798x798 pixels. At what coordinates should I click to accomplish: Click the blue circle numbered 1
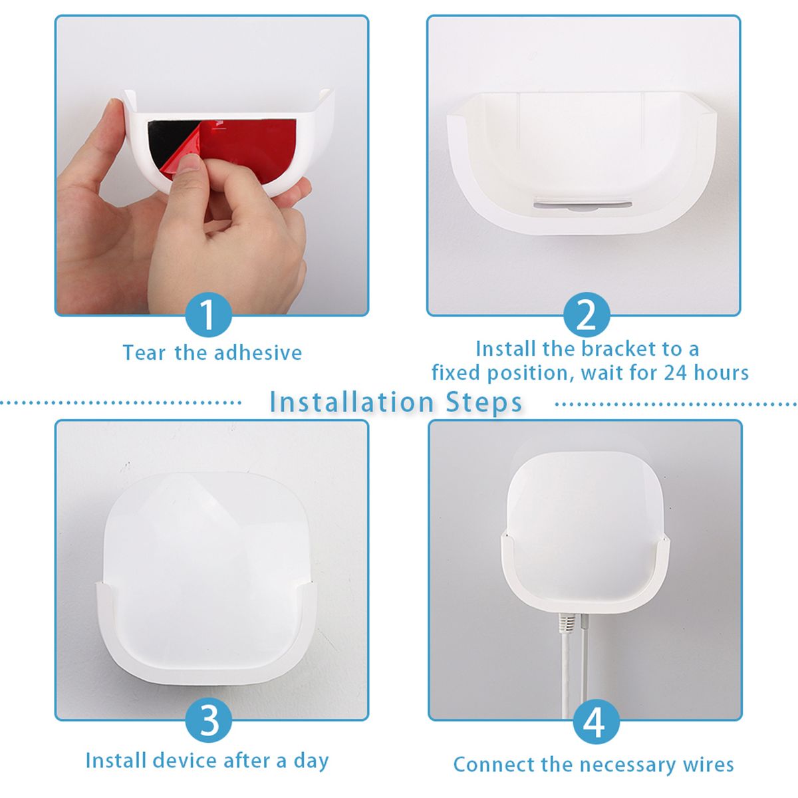(x=208, y=315)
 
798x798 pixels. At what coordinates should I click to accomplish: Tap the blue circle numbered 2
(x=587, y=315)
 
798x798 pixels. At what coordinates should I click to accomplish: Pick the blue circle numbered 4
(x=597, y=721)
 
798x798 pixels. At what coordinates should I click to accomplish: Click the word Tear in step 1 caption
(x=144, y=353)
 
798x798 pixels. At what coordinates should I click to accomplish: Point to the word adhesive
(x=258, y=353)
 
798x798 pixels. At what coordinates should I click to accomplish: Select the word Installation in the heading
(x=352, y=402)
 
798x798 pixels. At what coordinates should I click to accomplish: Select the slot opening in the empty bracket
(x=583, y=205)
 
